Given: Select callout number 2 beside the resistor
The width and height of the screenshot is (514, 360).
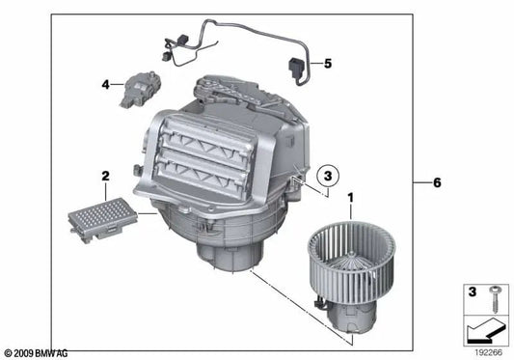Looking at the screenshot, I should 103,176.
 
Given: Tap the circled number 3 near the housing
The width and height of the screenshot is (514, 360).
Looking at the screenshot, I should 328,176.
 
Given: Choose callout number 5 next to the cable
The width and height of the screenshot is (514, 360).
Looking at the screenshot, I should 327,64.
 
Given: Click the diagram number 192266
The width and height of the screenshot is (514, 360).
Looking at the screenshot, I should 488,353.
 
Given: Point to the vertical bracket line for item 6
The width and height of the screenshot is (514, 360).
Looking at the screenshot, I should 414,181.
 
